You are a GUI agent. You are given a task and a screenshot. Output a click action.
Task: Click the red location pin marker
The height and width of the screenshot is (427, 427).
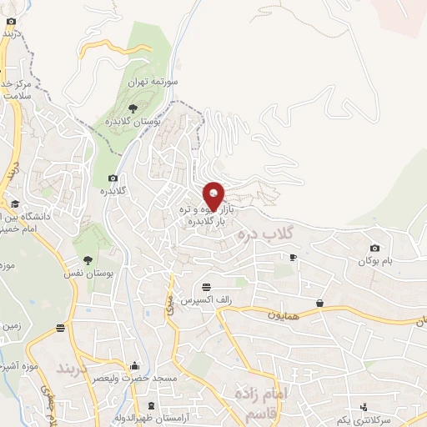213,197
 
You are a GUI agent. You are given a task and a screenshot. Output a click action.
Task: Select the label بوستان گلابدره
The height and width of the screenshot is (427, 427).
132,123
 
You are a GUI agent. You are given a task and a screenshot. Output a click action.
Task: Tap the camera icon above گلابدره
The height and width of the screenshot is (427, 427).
113,178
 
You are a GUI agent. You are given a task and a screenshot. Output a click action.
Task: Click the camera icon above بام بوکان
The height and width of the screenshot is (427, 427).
375,248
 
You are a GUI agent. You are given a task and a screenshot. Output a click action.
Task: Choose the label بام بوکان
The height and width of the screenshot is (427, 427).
375,262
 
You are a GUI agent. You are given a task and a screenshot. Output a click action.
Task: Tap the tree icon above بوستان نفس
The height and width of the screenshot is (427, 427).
88,260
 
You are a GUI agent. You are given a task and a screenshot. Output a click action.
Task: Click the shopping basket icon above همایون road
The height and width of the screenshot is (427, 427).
320,302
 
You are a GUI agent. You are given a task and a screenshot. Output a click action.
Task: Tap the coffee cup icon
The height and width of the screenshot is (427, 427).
293,258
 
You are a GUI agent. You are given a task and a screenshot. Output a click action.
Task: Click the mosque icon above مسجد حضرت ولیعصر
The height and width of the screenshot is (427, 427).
135,365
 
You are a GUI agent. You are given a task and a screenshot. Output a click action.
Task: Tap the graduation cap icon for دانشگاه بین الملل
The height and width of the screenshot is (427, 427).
14,203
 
